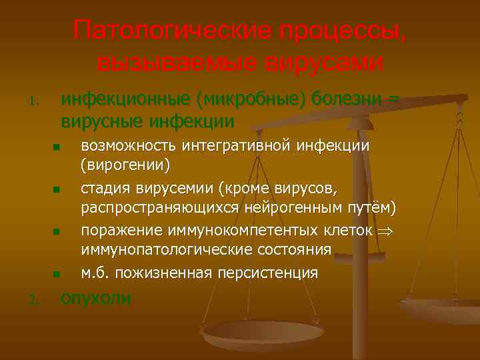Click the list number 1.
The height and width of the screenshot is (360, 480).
point(32,102)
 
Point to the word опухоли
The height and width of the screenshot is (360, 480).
point(96,298)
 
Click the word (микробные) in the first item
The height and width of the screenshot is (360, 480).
point(250,99)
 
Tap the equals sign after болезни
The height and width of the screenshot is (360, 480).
point(393,99)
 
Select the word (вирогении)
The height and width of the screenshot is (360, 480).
point(125,164)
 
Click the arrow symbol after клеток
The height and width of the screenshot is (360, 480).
point(381,231)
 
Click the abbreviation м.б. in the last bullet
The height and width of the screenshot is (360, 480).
point(95,273)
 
